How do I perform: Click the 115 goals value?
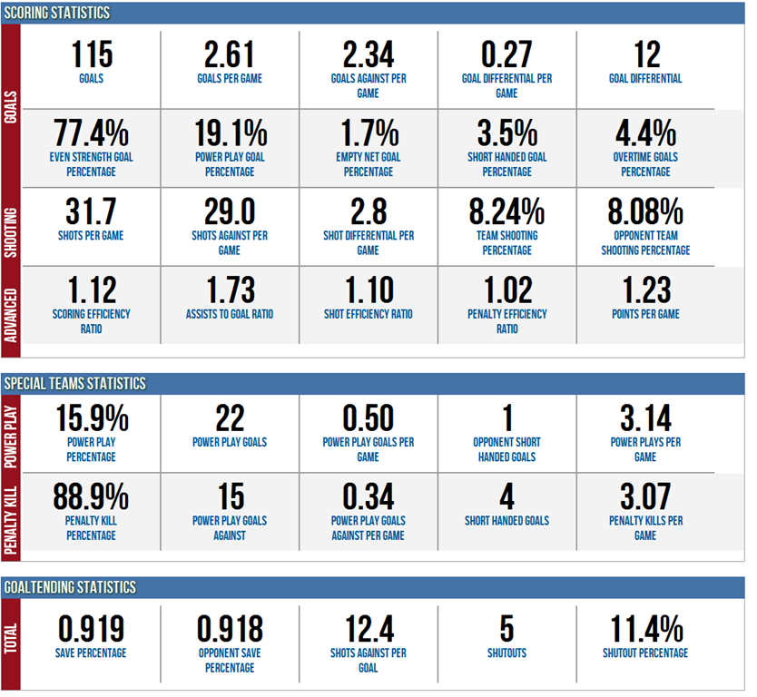(91, 54)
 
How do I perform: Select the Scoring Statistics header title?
(57, 13)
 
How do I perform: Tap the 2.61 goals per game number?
(230, 54)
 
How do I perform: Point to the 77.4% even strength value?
(91, 133)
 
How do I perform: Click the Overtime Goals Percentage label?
(645, 163)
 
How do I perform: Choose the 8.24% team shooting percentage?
(506, 211)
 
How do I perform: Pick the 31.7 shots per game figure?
(91, 211)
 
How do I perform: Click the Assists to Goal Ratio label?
(230, 314)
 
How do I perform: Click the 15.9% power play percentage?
(91, 418)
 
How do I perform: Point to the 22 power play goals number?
(230, 418)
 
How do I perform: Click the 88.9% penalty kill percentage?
(91, 496)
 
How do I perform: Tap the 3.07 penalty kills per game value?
(645, 496)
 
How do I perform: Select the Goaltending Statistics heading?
(70, 587)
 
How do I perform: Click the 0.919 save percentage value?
(91, 628)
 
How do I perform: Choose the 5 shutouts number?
(506, 628)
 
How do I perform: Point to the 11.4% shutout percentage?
(645, 628)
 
